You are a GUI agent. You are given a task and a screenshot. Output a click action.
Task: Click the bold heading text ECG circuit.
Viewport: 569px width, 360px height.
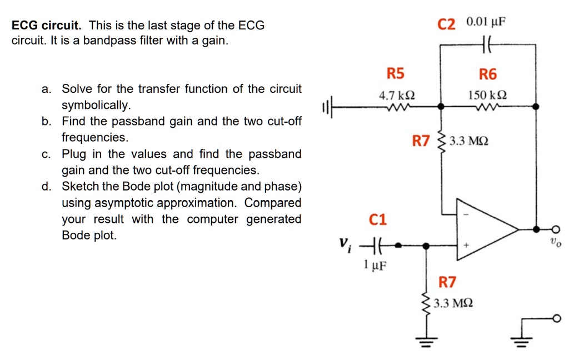(x=47, y=26)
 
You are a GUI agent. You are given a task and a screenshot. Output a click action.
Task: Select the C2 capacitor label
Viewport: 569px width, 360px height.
(x=446, y=24)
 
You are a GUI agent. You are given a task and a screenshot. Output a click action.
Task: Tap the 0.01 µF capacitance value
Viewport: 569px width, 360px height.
(x=487, y=22)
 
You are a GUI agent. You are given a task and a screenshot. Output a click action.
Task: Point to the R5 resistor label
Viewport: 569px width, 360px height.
(x=396, y=74)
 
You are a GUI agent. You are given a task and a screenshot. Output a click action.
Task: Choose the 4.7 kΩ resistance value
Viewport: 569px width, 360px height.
(x=396, y=96)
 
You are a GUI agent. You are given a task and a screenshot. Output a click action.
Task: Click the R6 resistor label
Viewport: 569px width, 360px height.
(x=488, y=74)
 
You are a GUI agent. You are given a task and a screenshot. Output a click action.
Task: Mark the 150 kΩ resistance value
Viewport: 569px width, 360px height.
(x=487, y=96)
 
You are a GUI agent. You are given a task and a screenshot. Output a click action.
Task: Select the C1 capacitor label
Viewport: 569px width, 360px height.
(x=377, y=219)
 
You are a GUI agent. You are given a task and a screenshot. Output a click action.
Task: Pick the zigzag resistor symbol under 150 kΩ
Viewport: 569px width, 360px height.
(x=488, y=107)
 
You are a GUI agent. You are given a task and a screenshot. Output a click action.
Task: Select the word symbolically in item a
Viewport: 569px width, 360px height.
(x=96, y=106)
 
